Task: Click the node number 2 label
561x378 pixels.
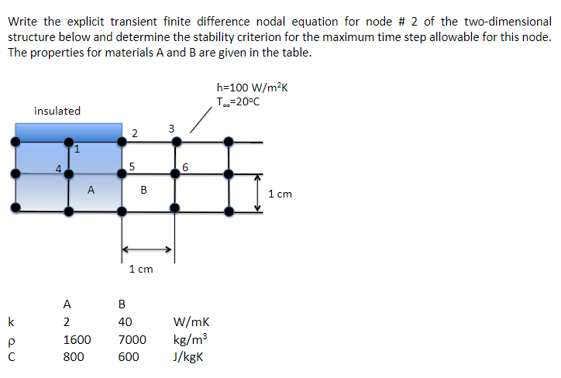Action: point(135,132)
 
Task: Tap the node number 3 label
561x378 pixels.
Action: point(172,128)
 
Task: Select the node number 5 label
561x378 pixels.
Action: point(133,165)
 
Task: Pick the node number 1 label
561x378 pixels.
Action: point(76,148)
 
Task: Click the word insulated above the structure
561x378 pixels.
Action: point(57,111)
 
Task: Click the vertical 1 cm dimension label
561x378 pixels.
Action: point(280,194)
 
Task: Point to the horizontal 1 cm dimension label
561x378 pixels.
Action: point(141,269)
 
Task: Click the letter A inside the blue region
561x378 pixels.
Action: point(91,188)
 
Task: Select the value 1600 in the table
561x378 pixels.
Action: point(77,339)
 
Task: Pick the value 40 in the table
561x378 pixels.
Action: point(125,322)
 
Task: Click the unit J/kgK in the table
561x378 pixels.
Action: point(191,357)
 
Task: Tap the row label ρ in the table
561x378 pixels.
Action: point(11,340)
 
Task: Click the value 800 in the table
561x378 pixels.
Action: point(73,357)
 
